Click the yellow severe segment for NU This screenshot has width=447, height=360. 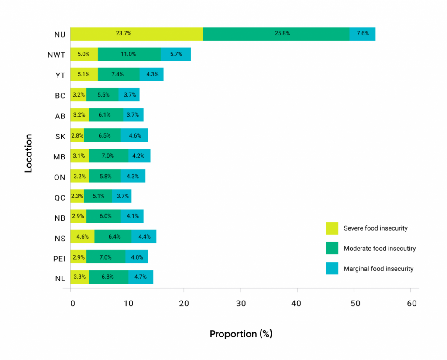click(x=137, y=34)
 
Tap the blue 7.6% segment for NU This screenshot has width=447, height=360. click(x=362, y=34)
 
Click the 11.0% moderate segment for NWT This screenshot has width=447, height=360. click(x=129, y=54)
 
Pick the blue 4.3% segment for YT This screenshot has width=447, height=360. click(x=151, y=74)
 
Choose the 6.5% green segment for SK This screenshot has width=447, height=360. click(x=103, y=135)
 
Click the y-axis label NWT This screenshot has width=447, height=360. click(x=57, y=55)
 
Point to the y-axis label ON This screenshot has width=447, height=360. click(x=60, y=177)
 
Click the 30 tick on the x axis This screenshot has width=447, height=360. click(x=241, y=303)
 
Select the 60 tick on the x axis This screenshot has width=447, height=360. click(x=410, y=303)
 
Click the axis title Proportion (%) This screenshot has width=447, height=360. click(x=241, y=334)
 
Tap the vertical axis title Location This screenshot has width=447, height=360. click(x=28, y=153)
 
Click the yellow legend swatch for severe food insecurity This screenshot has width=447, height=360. click(x=332, y=228)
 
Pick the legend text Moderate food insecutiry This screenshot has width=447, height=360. click(x=379, y=249)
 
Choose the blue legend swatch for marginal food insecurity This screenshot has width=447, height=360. click(x=332, y=268)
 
